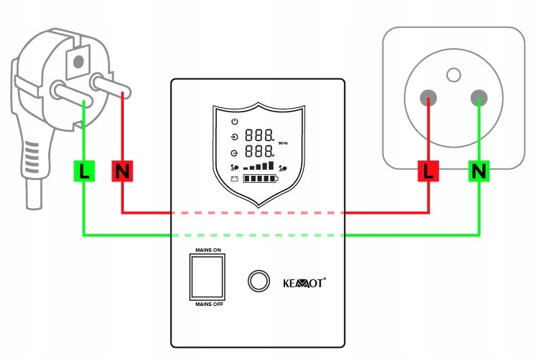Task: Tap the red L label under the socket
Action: point(430,171)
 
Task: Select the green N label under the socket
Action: point(479,171)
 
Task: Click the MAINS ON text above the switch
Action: point(208,250)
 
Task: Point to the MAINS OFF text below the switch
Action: point(208,305)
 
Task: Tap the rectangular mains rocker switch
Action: point(208,277)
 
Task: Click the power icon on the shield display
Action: point(235,120)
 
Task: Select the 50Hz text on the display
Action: point(283,144)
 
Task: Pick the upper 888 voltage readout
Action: point(259,135)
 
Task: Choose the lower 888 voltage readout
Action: point(259,152)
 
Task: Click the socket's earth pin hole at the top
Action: point(453,73)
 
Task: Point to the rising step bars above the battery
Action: point(259,166)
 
